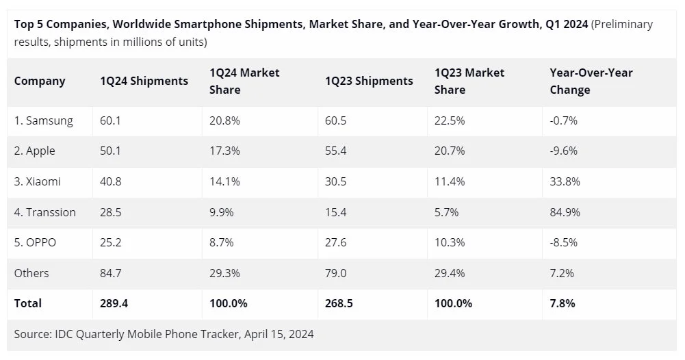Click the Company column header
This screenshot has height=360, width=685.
click(40, 81)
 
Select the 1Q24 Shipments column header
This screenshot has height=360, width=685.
click(144, 81)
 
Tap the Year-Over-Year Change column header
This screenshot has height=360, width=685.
click(591, 81)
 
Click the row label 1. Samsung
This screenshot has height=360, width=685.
click(43, 120)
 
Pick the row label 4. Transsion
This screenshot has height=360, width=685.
click(45, 212)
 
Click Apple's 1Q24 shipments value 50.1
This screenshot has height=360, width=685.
click(110, 151)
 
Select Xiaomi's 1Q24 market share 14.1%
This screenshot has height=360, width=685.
click(224, 181)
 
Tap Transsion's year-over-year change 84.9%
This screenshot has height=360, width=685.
click(565, 212)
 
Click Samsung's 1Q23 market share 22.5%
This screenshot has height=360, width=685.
click(450, 120)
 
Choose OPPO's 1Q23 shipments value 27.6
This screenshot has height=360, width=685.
click(335, 242)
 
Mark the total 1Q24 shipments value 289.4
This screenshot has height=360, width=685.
click(114, 303)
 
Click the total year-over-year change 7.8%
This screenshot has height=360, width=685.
click(562, 303)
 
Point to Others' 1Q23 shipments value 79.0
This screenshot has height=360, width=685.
click(335, 273)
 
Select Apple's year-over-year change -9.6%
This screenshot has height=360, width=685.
click(563, 151)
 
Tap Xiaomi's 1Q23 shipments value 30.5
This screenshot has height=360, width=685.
click(335, 181)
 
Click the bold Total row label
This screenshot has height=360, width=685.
click(28, 303)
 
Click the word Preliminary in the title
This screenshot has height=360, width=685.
click(623, 25)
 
